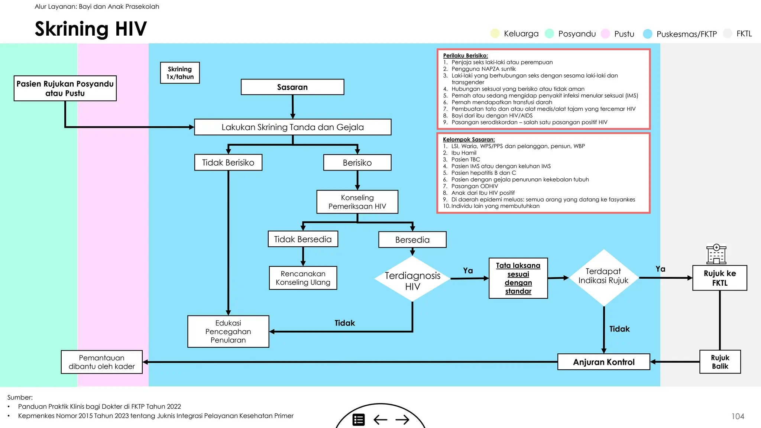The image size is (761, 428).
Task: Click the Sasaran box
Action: click(x=292, y=87)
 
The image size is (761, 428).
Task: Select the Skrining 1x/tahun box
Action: click(x=180, y=73)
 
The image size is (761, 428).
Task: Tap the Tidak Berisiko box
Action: click(x=228, y=162)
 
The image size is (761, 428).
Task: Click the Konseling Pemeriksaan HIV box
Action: click(x=357, y=202)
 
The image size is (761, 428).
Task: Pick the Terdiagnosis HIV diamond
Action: click(x=412, y=279)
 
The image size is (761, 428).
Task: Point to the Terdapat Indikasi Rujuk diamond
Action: click(x=603, y=277)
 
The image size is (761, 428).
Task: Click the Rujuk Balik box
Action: click(x=720, y=362)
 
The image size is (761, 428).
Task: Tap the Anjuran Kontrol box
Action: click(x=603, y=362)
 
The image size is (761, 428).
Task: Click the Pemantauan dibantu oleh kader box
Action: click(x=102, y=362)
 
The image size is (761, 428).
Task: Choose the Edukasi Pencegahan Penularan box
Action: click(x=228, y=331)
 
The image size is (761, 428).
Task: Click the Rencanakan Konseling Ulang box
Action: click(x=303, y=278)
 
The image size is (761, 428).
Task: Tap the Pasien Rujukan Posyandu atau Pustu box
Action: click(x=65, y=88)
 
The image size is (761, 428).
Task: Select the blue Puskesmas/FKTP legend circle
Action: click(x=648, y=34)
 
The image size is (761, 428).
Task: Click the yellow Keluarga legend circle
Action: click(x=495, y=33)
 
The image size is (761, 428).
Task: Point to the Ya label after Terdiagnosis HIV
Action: click(x=468, y=270)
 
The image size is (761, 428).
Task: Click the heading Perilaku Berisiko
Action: click(x=465, y=56)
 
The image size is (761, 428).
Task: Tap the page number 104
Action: click(x=738, y=416)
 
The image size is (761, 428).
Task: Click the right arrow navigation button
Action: click(x=402, y=420)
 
